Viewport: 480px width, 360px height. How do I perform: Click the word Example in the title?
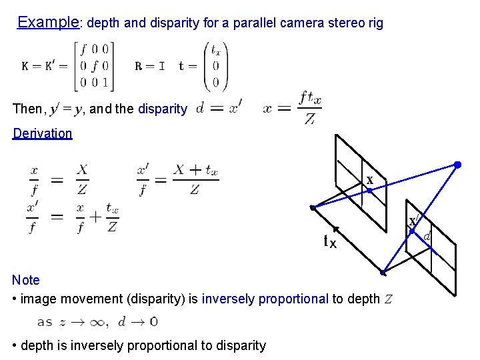(48, 22)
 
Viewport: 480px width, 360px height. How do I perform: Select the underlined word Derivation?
(43, 133)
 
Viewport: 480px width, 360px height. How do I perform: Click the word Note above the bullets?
(26, 280)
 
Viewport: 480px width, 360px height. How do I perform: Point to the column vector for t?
(216, 66)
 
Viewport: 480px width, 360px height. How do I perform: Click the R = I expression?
(150, 67)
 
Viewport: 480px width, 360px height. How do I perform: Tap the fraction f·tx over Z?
(310, 108)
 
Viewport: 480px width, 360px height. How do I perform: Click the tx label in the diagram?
(329, 242)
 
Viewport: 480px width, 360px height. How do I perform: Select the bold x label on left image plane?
(369, 180)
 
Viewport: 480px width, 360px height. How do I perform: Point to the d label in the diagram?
(427, 236)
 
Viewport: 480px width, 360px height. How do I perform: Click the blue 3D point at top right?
(457, 164)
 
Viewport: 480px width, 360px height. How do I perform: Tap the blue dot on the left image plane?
(369, 191)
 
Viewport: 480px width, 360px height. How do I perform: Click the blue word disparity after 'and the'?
(163, 109)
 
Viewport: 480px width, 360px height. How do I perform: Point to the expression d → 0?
(137, 321)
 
